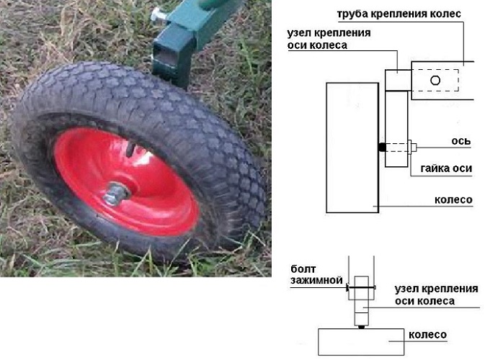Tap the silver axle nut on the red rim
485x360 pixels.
[116, 194]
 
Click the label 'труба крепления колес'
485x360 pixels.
[399, 14]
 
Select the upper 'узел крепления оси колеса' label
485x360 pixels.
[329, 39]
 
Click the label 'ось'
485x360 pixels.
[461, 141]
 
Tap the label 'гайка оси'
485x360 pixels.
[446, 168]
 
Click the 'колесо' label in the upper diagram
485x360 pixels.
[453, 199]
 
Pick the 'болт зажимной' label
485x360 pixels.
[316, 274]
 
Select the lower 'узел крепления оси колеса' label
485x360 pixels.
[436, 294]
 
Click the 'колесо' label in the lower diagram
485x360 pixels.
[427, 335]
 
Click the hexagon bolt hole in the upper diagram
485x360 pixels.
[435, 81]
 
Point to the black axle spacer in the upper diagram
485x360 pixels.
[383, 147]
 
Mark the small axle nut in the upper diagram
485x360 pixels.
[412, 147]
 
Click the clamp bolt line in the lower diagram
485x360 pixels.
[361, 288]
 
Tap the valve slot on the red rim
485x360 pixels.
[132, 148]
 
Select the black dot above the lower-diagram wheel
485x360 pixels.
[361, 327]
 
